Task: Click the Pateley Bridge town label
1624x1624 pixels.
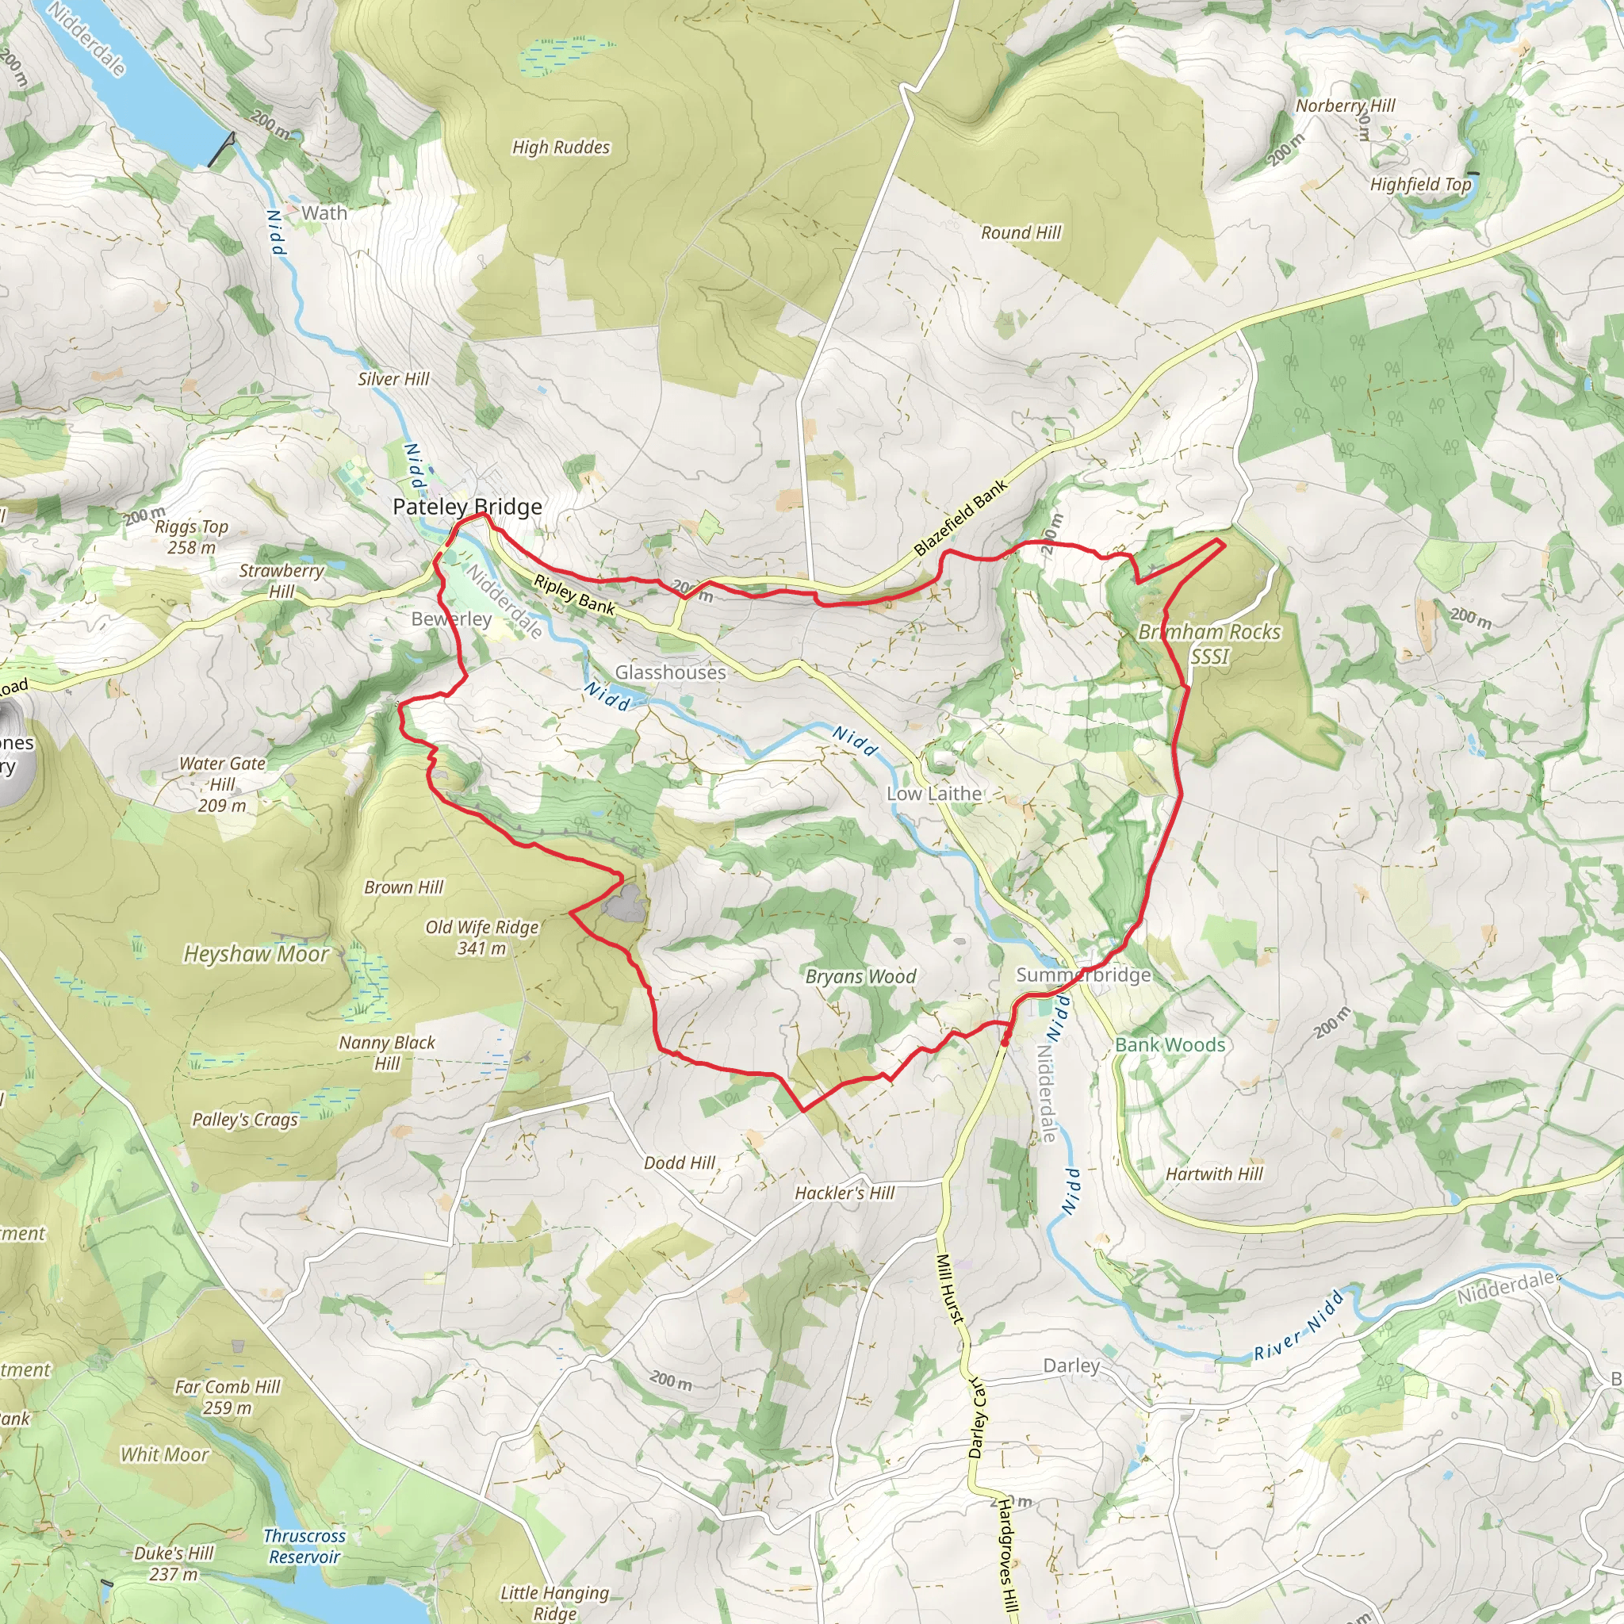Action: click(467, 507)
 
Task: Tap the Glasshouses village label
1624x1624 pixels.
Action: click(670, 672)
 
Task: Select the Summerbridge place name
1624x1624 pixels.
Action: click(1083, 975)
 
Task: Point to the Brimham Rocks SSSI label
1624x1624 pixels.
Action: click(1209, 643)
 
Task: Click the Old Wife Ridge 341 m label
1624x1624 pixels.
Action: click(481, 937)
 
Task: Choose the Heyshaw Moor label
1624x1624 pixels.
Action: click(256, 954)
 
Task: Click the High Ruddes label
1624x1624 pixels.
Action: click(561, 147)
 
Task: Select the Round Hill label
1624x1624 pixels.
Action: click(1021, 233)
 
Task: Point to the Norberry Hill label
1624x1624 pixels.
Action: click(1345, 106)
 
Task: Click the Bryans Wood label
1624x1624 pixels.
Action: click(860, 977)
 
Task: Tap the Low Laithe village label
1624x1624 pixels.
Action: click(934, 794)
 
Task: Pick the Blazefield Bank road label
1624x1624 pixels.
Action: click(960, 519)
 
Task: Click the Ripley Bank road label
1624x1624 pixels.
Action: click(575, 593)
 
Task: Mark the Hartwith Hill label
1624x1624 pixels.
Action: click(1214, 1174)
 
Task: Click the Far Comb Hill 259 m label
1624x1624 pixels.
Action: click(227, 1397)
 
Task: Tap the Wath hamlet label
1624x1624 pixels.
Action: click(324, 213)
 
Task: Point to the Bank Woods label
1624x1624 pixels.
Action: click(1170, 1045)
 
